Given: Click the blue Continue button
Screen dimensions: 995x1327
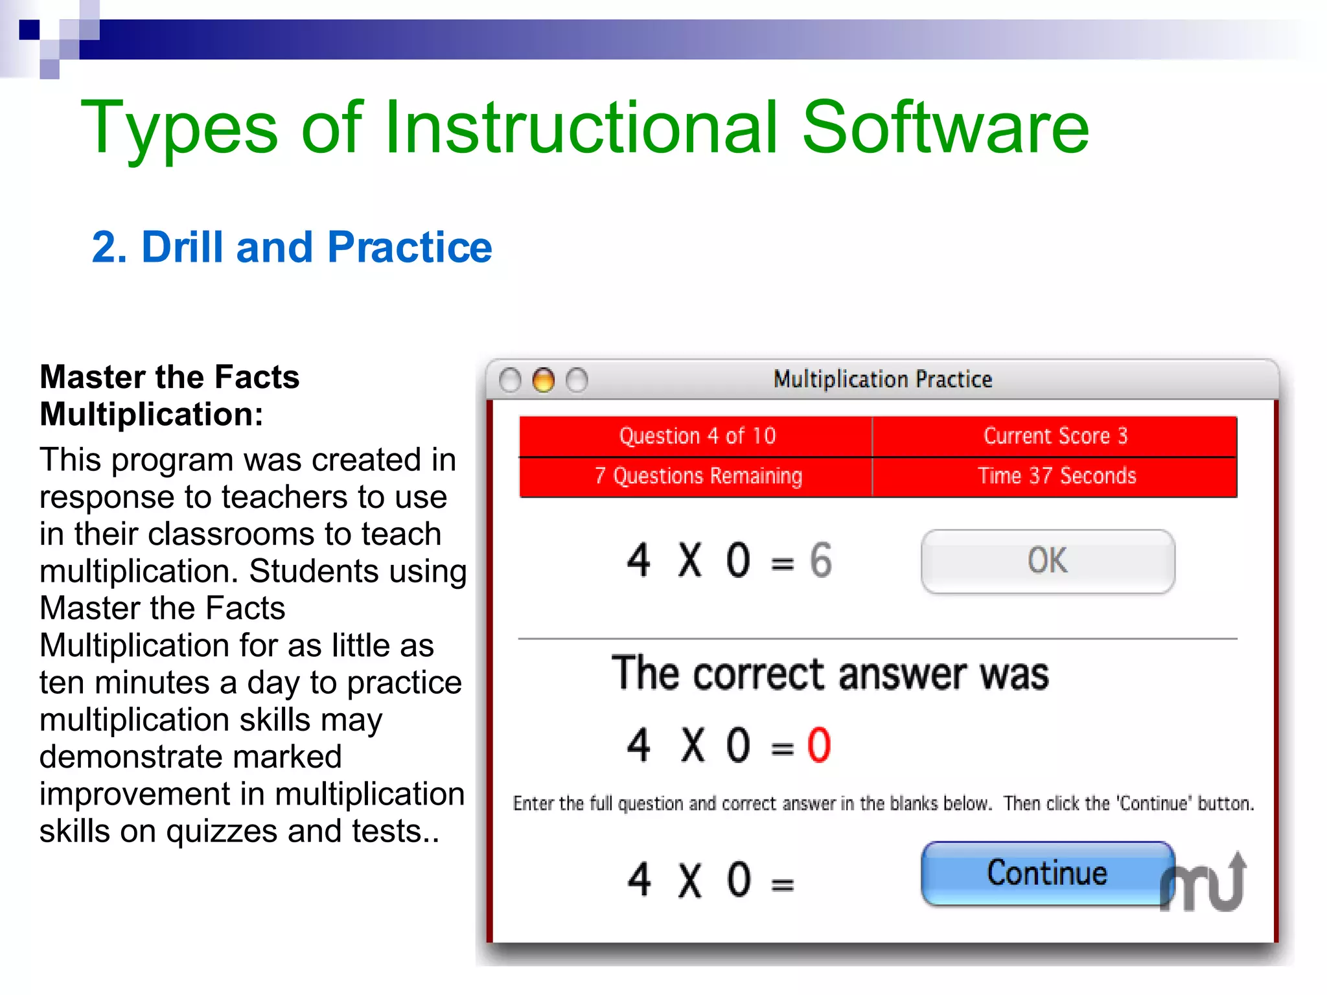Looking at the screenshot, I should click(1046, 873).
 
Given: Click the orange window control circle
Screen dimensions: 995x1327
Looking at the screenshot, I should click(543, 380).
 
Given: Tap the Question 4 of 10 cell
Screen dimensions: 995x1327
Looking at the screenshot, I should click(697, 436).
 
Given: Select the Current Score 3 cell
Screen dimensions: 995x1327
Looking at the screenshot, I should click(1055, 436).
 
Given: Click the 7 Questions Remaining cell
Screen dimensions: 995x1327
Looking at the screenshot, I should click(697, 476).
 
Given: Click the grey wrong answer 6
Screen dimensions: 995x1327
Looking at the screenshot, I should click(820, 560).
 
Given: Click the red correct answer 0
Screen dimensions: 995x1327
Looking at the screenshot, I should click(818, 745).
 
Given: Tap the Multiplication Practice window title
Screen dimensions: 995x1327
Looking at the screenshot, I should click(883, 379).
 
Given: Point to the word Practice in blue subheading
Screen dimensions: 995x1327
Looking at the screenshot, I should click(410, 247).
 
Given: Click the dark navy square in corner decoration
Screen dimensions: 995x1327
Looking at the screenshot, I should click(29, 30).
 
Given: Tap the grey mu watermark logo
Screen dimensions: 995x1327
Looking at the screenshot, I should click(1203, 884).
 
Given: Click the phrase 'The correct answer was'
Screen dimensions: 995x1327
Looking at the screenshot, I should click(830, 674).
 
